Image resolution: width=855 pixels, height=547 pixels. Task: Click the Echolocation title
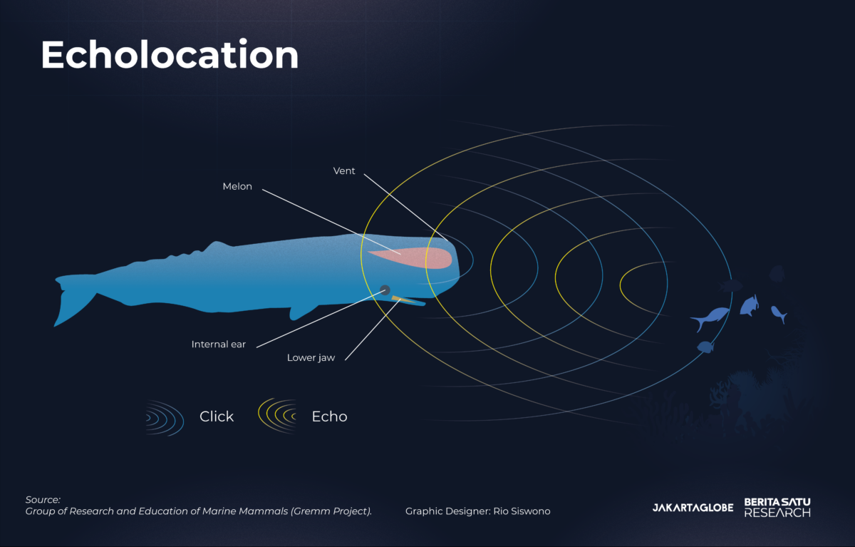tap(170, 54)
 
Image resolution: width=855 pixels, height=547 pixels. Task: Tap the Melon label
tap(237, 186)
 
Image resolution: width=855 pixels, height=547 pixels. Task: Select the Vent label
tap(344, 170)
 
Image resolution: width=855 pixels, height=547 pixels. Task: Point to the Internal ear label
tap(218, 344)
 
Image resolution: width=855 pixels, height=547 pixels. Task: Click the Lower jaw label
tap(311, 357)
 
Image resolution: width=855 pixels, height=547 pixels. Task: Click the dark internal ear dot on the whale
tap(385, 290)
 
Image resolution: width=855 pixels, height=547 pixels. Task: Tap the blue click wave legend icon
tap(165, 418)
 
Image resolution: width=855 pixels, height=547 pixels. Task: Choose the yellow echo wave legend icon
tap(277, 416)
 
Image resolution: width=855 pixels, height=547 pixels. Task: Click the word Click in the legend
tap(217, 416)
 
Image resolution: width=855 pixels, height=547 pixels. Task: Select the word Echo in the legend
tap(329, 416)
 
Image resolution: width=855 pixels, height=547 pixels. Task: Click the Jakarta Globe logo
tap(693, 508)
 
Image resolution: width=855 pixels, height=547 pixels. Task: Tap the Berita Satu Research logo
tap(777, 507)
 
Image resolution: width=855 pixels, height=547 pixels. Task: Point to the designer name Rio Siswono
tap(522, 511)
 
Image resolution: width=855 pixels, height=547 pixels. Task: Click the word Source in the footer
tap(43, 500)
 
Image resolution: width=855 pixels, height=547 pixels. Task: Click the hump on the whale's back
tap(217, 245)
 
